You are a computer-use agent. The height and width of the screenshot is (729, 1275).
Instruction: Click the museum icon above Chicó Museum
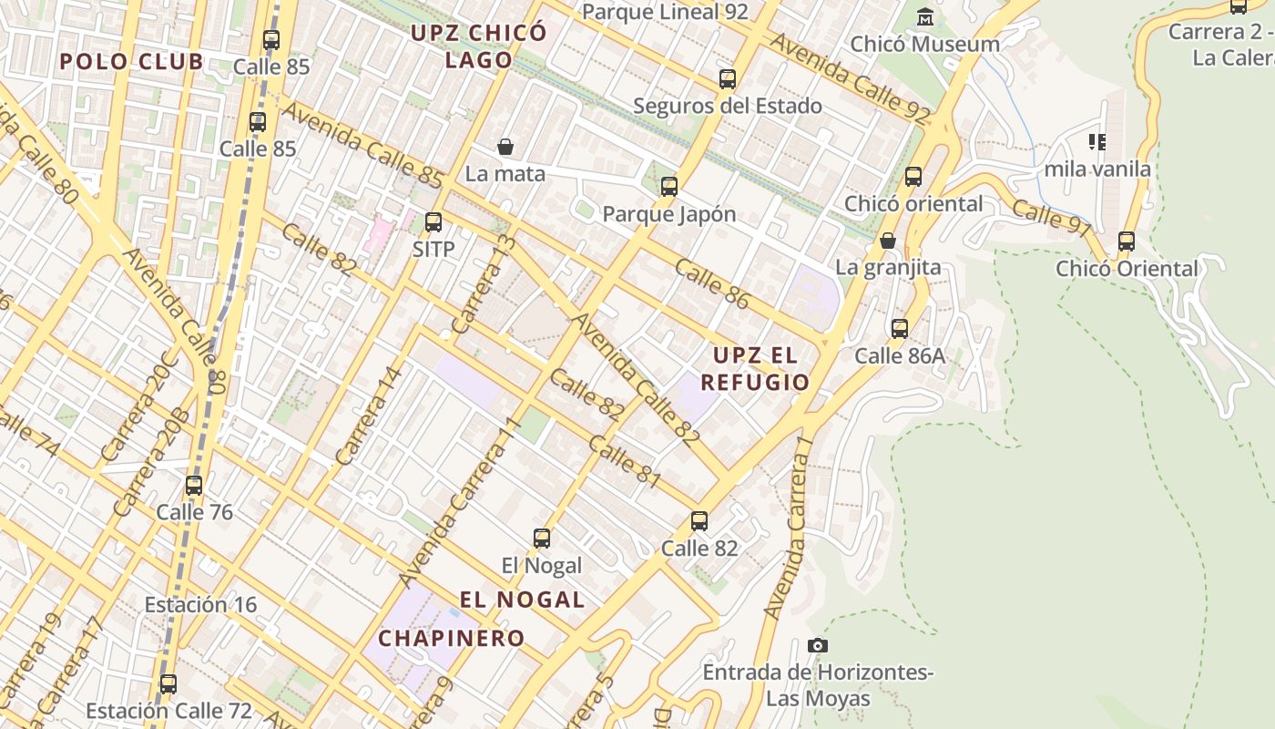925,17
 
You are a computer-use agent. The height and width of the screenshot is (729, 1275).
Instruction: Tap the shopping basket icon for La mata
505,147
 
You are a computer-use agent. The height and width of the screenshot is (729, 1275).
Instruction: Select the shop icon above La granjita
888,241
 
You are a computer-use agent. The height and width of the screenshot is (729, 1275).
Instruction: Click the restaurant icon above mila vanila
1097,142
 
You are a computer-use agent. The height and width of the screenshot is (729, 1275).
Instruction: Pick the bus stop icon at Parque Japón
669,187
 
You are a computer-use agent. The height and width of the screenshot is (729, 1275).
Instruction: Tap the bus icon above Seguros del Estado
727,79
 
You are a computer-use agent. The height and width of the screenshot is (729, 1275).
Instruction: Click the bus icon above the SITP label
433,221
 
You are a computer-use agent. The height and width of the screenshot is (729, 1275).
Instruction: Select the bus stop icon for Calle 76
194,486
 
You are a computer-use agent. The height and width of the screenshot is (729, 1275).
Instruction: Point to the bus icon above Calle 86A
900,329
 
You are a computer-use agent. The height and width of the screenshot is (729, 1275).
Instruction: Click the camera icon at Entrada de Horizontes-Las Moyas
818,646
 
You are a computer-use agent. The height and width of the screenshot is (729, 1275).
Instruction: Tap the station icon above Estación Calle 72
168,684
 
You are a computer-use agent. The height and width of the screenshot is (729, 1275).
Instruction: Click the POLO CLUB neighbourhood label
132,62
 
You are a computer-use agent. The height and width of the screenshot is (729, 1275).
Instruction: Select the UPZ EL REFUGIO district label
755,368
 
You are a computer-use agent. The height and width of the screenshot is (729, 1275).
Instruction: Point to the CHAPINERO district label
451,638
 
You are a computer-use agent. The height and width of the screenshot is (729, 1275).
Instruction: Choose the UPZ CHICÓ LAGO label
478,46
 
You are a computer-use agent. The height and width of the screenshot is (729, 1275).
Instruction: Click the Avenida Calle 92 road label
850,78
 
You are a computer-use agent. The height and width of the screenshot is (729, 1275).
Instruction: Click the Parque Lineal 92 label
665,12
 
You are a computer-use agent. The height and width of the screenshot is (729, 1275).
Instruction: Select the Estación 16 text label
200,604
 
